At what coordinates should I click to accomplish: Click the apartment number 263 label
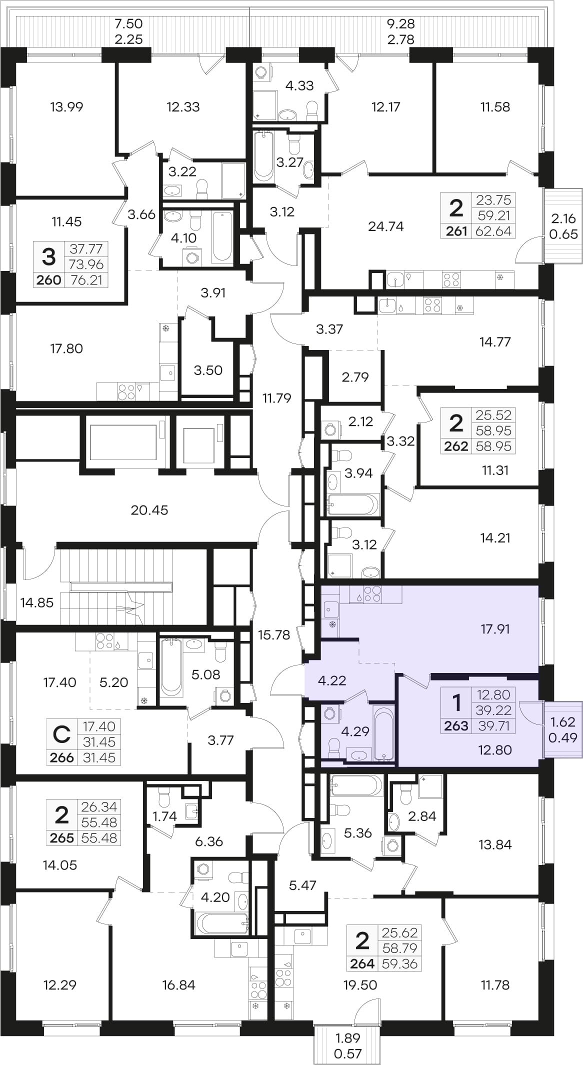(x=456, y=725)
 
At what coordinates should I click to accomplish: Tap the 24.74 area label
(x=385, y=226)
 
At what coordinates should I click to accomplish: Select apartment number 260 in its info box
(x=49, y=280)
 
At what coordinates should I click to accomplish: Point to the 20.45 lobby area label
(x=149, y=510)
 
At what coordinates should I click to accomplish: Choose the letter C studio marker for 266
(x=61, y=734)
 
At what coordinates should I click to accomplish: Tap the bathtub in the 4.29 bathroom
(x=384, y=732)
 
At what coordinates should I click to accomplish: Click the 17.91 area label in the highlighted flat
(x=495, y=629)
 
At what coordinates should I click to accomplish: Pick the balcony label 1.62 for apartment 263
(x=562, y=722)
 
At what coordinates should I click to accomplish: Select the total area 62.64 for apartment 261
(x=493, y=231)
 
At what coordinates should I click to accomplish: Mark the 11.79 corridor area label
(x=276, y=398)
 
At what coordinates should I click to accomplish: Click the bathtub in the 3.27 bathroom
(x=263, y=155)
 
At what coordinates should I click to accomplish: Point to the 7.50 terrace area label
(x=128, y=23)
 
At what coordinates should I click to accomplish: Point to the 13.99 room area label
(x=66, y=106)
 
